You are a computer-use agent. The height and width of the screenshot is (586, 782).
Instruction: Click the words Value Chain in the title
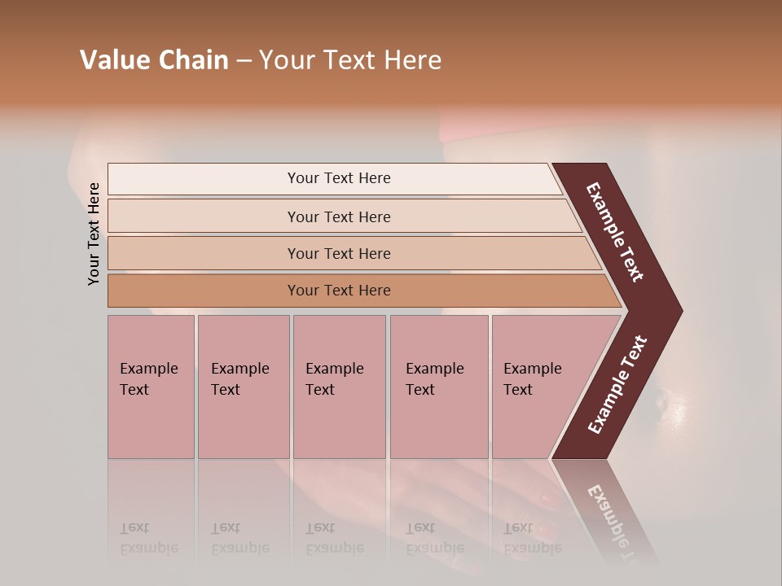pos(154,60)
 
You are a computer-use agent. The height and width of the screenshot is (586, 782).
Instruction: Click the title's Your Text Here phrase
pos(350,60)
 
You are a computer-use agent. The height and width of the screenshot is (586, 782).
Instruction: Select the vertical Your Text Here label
pos(94,234)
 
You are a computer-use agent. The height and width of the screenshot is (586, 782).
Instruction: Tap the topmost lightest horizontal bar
pos(338,178)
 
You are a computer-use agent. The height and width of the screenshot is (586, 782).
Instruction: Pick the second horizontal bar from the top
pos(338,216)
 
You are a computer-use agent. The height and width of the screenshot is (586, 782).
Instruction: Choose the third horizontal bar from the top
pos(338,253)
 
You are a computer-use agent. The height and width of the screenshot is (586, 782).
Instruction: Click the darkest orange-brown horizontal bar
pos(338,291)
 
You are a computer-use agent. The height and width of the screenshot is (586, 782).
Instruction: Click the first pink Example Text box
pos(151,387)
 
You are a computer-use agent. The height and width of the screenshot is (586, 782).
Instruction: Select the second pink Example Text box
pos(243,387)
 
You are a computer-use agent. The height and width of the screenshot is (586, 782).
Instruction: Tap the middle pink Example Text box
pos(339,387)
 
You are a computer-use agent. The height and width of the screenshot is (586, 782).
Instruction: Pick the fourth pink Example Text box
pos(439,387)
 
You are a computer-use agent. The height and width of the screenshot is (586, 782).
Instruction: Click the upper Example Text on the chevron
pos(616,232)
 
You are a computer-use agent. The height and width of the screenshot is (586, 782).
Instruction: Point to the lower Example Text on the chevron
pos(617,385)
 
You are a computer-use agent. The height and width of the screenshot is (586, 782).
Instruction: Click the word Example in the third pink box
pos(334,369)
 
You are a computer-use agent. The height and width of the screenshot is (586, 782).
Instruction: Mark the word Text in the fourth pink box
pos(420,390)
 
